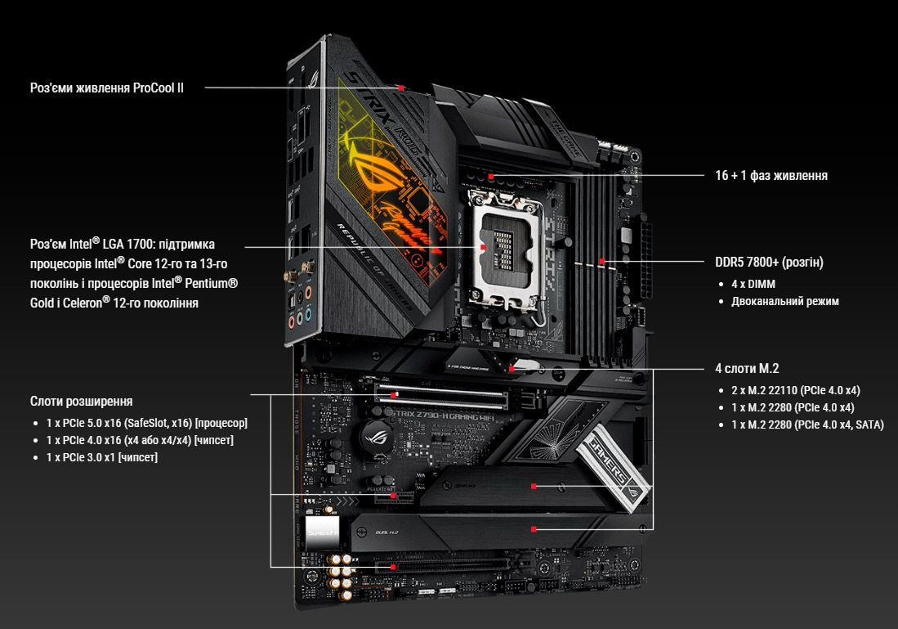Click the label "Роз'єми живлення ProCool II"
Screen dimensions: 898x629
point(106,88)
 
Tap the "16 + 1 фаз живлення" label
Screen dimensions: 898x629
point(771,176)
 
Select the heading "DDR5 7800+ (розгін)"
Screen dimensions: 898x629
point(769,262)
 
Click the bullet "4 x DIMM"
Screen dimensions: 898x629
point(753,284)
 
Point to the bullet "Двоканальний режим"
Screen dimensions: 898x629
point(784,301)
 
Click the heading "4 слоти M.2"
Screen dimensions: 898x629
point(747,369)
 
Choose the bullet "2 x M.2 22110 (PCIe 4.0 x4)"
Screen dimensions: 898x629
point(796,390)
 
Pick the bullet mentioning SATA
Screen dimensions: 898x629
point(807,425)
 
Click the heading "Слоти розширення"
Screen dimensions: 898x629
point(82,402)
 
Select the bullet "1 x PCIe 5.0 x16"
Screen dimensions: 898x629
point(146,423)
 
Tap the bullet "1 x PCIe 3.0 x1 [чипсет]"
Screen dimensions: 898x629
point(102,457)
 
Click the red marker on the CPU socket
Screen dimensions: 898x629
point(483,247)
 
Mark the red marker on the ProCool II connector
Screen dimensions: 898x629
point(401,88)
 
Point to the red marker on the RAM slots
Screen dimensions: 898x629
point(602,262)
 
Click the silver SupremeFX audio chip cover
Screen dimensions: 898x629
point(323,532)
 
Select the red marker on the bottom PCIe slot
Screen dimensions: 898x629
point(393,567)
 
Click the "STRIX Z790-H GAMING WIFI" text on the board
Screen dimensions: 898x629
point(441,415)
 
